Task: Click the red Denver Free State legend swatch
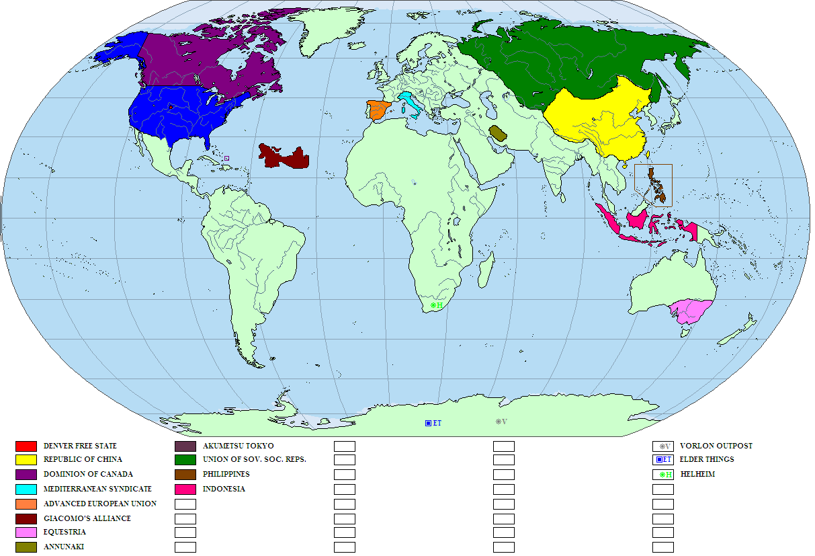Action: pos(26,446)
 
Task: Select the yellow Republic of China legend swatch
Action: pos(26,461)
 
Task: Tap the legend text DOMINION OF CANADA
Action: pos(88,475)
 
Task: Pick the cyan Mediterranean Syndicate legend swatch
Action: pos(26,489)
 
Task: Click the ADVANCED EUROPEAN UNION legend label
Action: pos(99,504)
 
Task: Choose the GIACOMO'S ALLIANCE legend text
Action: pos(87,519)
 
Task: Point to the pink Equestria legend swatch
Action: pos(26,533)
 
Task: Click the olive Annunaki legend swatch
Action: pos(26,547)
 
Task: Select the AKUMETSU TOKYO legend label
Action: pos(238,446)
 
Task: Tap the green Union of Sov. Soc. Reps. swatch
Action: pos(185,461)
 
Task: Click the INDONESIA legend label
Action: pos(224,489)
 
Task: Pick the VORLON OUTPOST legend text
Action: pos(716,446)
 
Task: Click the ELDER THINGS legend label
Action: pos(707,461)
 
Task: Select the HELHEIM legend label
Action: pos(697,475)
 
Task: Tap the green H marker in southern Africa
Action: pos(437,305)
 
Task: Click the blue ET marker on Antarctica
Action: pos(433,423)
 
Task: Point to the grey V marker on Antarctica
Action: pos(501,422)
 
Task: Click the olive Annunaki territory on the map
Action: pos(498,132)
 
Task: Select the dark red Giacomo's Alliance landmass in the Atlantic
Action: pos(286,157)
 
